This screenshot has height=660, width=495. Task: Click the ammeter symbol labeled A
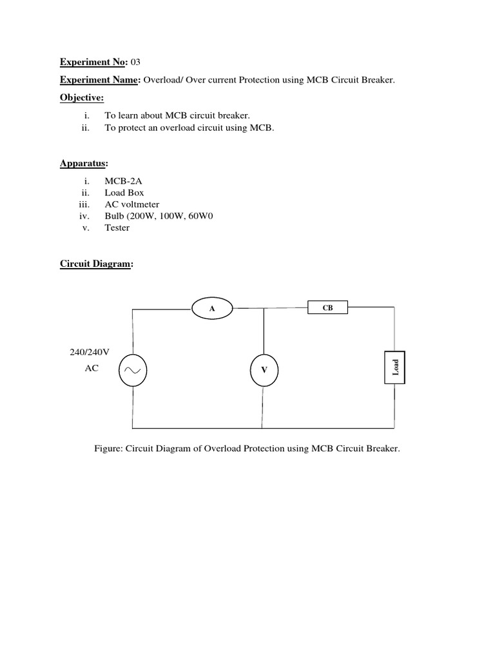coord(212,309)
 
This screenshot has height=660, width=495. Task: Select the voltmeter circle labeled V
coord(264,370)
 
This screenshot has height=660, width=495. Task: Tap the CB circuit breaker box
coord(328,308)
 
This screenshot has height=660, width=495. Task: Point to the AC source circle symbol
coord(133,370)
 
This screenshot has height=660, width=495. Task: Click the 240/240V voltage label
coord(90,353)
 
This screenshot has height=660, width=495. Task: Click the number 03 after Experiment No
coord(135,63)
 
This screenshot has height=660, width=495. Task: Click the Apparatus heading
coord(84,164)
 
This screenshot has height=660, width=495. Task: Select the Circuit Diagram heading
coord(95,264)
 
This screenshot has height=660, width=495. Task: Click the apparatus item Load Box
coord(124,193)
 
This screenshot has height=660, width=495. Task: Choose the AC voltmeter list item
coord(132,204)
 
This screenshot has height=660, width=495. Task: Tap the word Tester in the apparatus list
coord(117,228)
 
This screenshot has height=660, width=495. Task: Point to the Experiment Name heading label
coord(100,80)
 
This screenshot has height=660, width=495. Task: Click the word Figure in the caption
coord(108,448)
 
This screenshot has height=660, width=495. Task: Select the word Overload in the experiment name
coord(162,80)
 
